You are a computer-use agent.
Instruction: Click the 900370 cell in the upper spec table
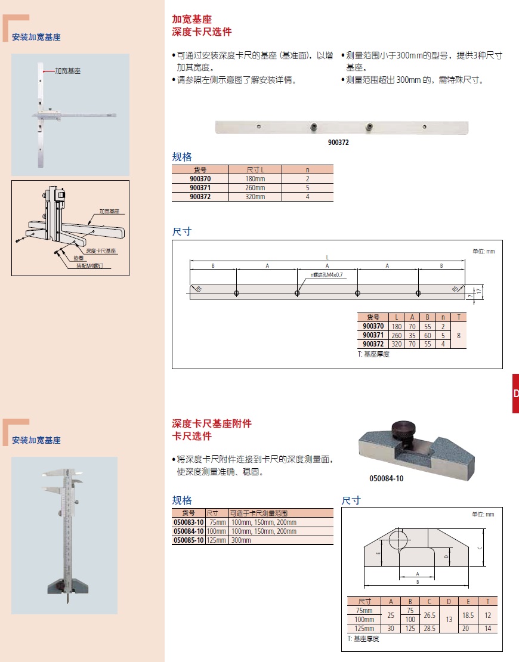coord(200,178)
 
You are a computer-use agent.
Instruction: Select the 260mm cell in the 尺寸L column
coord(255,187)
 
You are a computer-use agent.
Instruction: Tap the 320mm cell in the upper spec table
coord(255,196)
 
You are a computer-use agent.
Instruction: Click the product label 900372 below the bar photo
coord(338,143)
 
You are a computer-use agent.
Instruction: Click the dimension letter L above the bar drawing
coord(327,257)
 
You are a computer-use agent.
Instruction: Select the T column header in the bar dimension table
coord(458,317)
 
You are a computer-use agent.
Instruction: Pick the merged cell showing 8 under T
coord(458,335)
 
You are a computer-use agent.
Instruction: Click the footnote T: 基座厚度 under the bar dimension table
coord(373,354)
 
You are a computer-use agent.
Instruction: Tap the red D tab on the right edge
coord(515,394)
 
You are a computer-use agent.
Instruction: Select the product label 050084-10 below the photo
coord(386,478)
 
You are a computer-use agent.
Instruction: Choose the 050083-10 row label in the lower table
coord(189,522)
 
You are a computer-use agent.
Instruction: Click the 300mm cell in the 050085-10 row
coord(242,540)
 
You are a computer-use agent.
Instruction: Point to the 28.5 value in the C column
coord(429,629)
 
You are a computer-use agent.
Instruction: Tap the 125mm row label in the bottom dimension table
coord(364,629)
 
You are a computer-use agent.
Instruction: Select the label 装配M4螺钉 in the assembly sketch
coord(91,266)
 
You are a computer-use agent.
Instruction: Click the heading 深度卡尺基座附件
coord(212,423)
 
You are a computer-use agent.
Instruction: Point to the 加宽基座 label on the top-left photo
coord(67,70)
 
